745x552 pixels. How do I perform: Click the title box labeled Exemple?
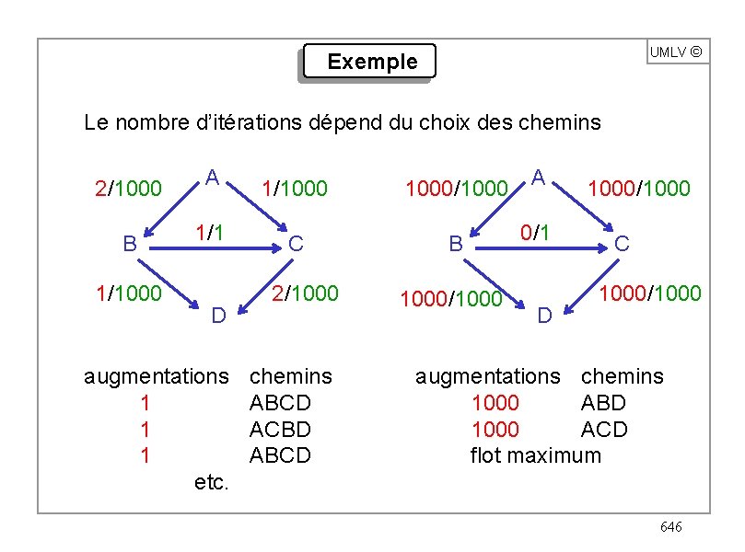[x=370, y=63]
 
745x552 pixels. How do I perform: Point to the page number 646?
[x=670, y=526]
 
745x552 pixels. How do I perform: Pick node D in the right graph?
[x=544, y=316]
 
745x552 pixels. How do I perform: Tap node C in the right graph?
[x=622, y=243]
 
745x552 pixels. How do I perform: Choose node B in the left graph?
[x=130, y=244]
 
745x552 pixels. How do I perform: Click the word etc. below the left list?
[x=212, y=482]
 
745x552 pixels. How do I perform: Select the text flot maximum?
[x=535, y=455]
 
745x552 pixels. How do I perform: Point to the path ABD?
[x=603, y=403]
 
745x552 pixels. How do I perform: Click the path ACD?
[x=604, y=430]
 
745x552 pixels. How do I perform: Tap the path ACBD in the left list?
[x=280, y=430]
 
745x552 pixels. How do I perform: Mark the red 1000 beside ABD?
[x=495, y=403]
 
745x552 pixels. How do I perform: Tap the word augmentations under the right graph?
[x=487, y=376]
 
